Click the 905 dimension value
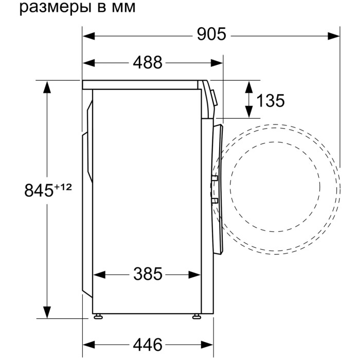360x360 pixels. (x=211, y=34)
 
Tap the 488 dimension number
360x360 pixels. (x=148, y=62)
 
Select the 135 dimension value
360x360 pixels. (x=270, y=101)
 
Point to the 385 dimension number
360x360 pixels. (x=148, y=274)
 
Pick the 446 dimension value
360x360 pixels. (x=148, y=345)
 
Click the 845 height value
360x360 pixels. (x=39, y=190)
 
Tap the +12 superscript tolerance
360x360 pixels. (x=63, y=187)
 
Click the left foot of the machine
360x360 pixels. (x=98, y=316)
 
